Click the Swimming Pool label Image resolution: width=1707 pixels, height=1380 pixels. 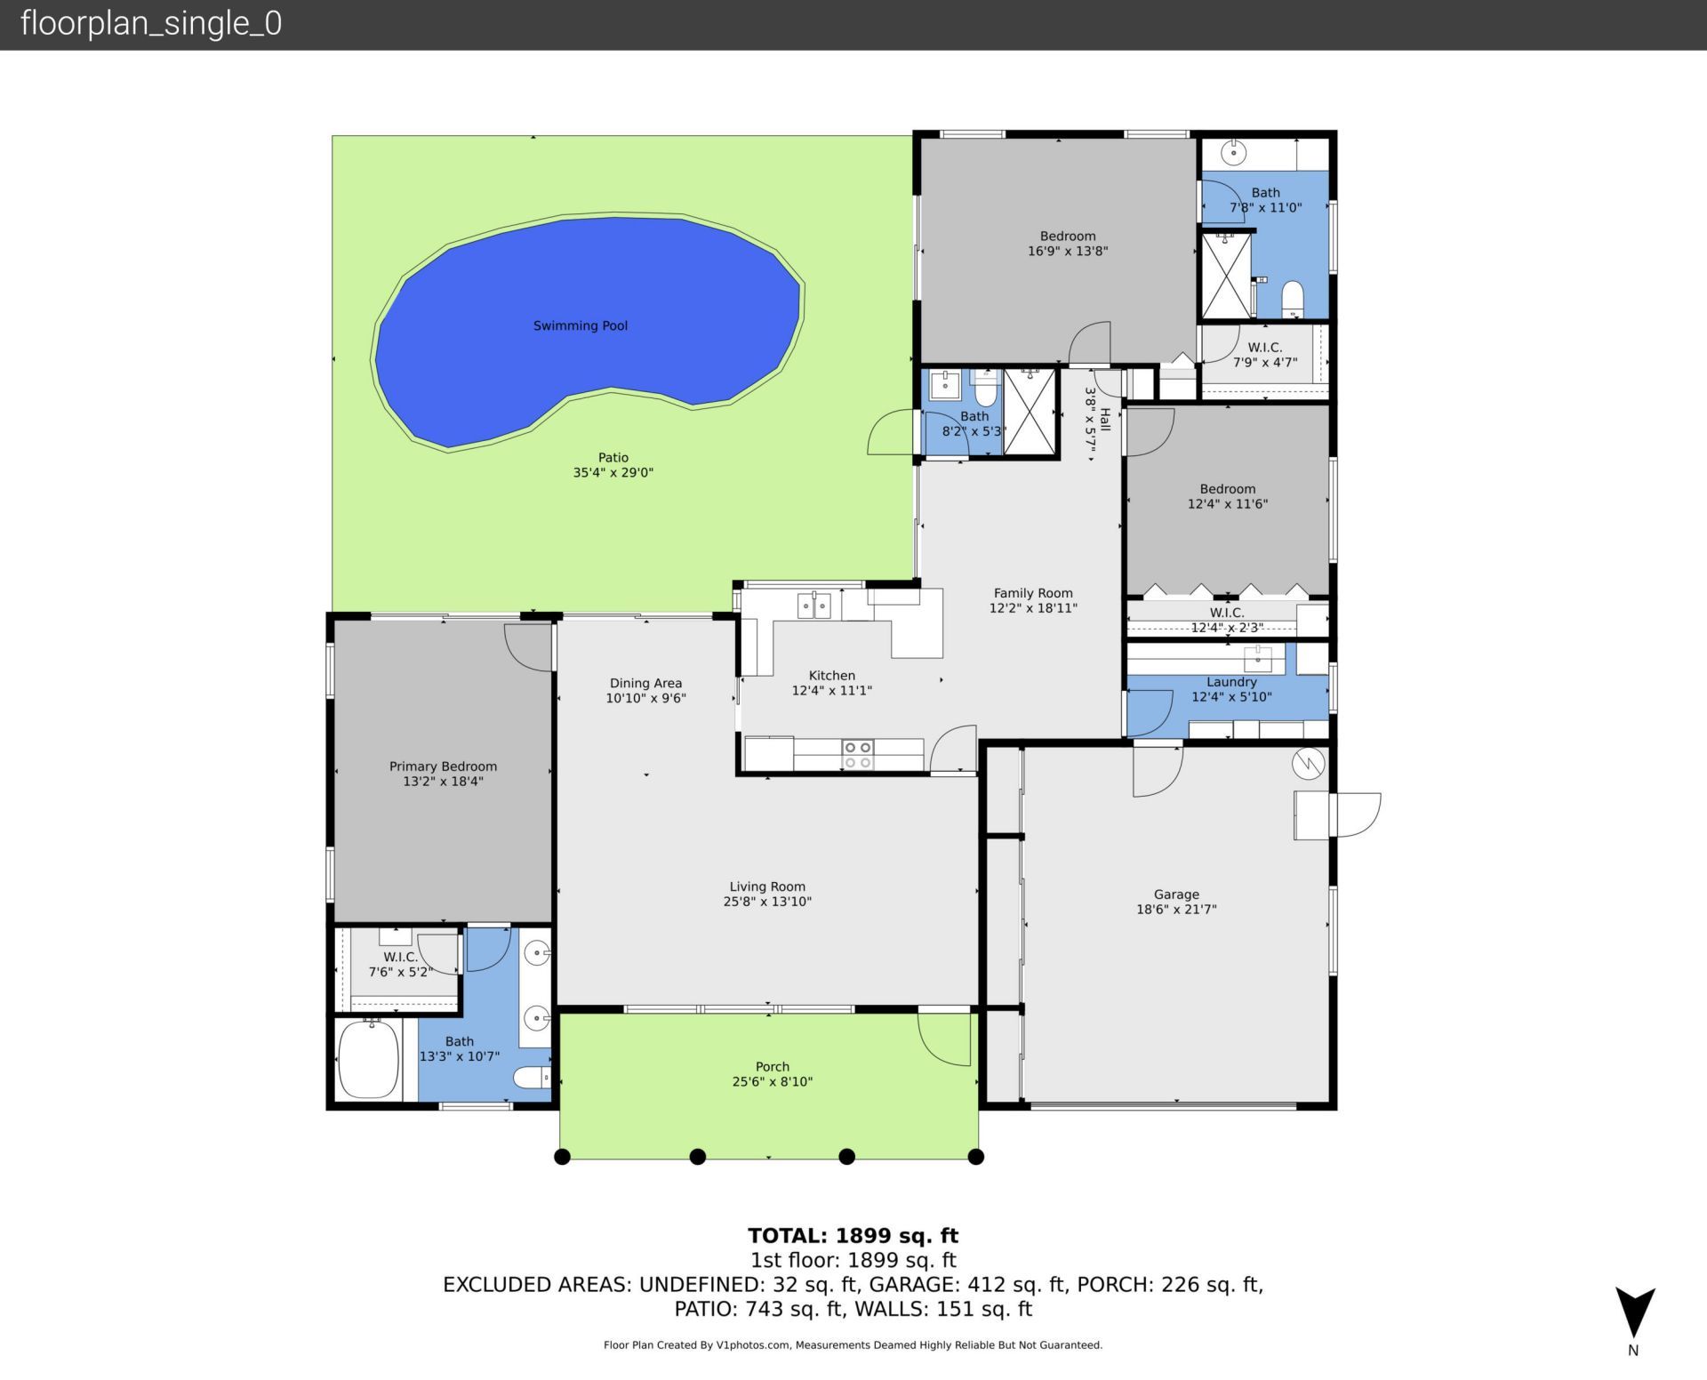pyautogui.click(x=580, y=325)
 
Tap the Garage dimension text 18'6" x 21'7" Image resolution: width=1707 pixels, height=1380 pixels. pyautogui.click(x=1175, y=910)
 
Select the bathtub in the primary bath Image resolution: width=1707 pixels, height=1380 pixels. pyautogui.click(x=370, y=1060)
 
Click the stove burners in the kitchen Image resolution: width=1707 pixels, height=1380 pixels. pyautogui.click(x=857, y=755)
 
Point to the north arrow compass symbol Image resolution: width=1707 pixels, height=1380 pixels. pyautogui.click(x=1634, y=1313)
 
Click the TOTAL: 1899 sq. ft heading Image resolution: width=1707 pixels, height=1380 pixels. pyautogui.click(x=853, y=1235)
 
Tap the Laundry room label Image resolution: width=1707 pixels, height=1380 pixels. pyautogui.click(x=1230, y=682)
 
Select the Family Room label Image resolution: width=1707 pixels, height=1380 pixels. pyautogui.click(x=1032, y=593)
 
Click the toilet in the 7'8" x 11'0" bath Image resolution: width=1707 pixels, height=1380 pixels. pyautogui.click(x=1293, y=299)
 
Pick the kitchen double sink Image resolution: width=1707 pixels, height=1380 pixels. pyautogui.click(x=813, y=606)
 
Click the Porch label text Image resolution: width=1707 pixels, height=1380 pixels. pyautogui.click(x=772, y=1066)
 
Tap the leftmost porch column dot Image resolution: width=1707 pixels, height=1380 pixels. pyautogui.click(x=562, y=1157)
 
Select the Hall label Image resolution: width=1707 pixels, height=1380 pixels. pyautogui.click(x=1105, y=420)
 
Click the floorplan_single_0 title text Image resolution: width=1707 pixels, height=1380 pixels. pyautogui.click(x=150, y=23)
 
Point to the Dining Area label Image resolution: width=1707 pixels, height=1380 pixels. pyautogui.click(x=645, y=683)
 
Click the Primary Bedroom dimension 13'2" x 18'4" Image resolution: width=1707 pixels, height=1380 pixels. pyautogui.click(x=443, y=782)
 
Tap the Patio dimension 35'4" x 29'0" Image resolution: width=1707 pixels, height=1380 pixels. pyautogui.click(x=613, y=473)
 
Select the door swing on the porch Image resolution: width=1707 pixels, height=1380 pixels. pyautogui.click(x=945, y=1039)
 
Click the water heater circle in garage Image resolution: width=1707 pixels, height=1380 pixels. pyautogui.click(x=1308, y=763)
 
